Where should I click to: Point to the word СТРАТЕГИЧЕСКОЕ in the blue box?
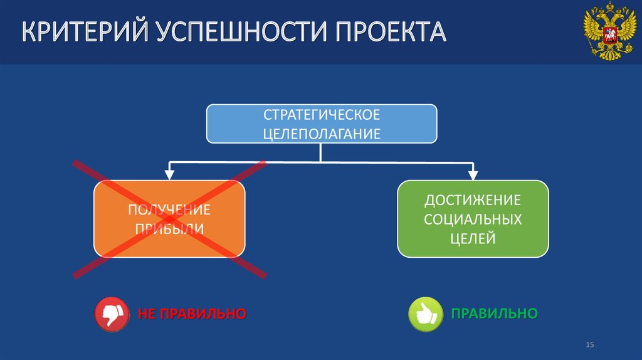coord(322,115)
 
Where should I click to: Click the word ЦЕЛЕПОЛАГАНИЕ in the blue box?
coord(322,134)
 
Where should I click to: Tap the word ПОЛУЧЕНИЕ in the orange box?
coord(169,209)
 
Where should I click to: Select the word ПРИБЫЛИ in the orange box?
coord(169,228)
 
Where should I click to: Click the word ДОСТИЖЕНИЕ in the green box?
coord(473,200)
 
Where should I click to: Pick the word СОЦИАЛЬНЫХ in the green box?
coord(473,219)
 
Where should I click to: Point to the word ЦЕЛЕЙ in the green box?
coord(473,238)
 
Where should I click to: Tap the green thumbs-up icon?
coord(426,314)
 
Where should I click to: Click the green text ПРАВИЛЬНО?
coord(495,313)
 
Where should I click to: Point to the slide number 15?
coord(589,346)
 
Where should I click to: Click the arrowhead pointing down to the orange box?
coord(169,173)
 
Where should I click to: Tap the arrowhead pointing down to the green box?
coord(473,173)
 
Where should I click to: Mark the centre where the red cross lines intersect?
coord(169,218)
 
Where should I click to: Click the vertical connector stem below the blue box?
coord(321,152)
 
